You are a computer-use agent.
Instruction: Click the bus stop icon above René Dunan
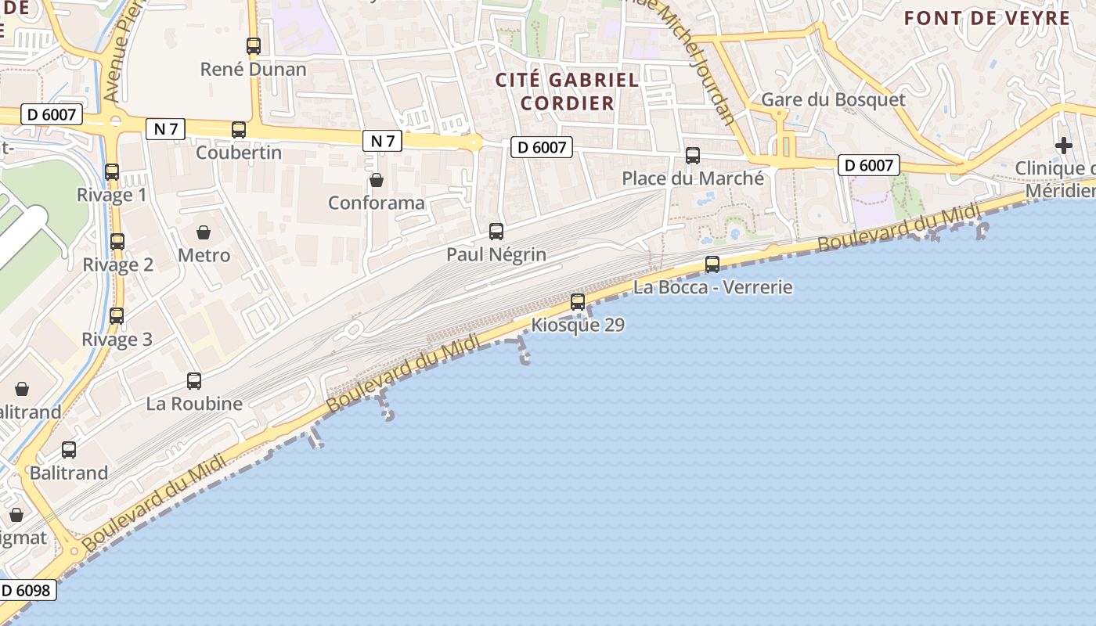[253, 46]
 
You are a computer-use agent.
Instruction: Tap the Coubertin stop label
[238, 152]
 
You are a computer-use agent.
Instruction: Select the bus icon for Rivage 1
[112, 172]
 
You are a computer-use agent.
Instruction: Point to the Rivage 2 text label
[118, 264]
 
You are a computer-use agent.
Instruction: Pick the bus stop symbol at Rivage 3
[117, 316]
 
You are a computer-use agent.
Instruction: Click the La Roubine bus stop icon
[194, 381]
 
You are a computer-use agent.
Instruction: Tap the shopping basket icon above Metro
[204, 232]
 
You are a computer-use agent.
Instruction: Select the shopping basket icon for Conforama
[377, 180]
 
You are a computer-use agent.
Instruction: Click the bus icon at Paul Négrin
[496, 232]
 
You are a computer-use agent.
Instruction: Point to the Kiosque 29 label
[578, 325]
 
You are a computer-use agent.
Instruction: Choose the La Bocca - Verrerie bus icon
[712, 264]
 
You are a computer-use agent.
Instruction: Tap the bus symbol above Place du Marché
[693, 156]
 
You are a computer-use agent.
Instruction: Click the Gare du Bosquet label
[833, 99]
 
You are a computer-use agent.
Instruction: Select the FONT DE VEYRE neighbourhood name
[987, 18]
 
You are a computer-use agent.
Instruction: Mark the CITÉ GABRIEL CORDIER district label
[568, 91]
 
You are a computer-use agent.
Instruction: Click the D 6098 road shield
[27, 590]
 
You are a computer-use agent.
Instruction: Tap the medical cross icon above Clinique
[1063, 146]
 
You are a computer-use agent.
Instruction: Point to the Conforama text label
[377, 203]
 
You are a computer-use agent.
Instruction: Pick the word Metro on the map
[204, 255]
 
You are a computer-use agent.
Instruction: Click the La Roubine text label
[194, 404]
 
